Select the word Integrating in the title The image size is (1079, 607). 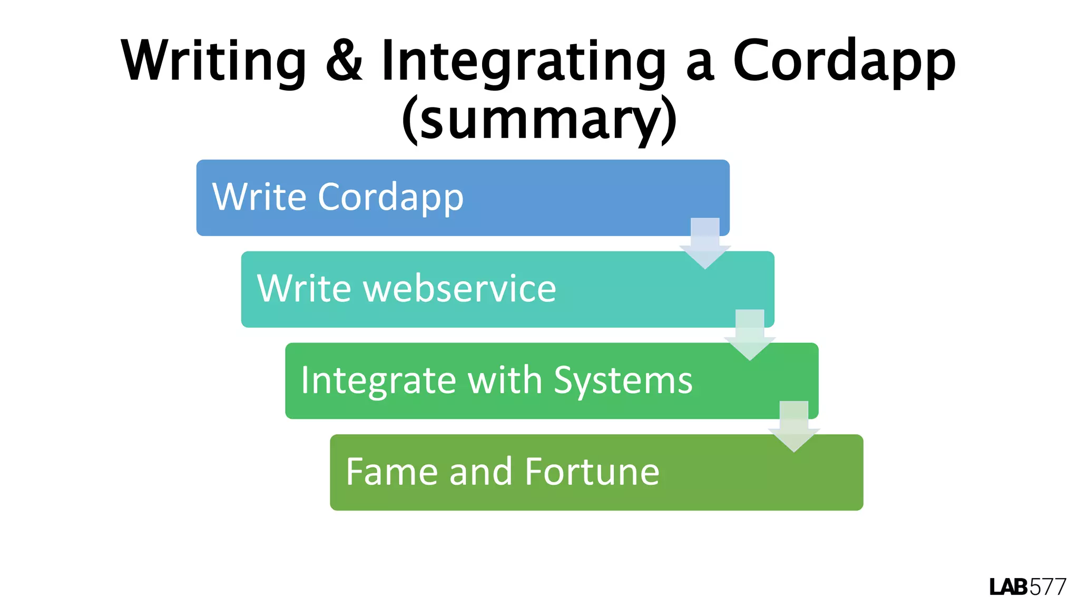(524, 62)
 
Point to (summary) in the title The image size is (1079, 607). (538, 120)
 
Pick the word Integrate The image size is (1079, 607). (378, 380)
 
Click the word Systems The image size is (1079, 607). (623, 380)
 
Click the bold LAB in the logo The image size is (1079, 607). (1008, 587)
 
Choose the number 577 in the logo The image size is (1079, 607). (1047, 587)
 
